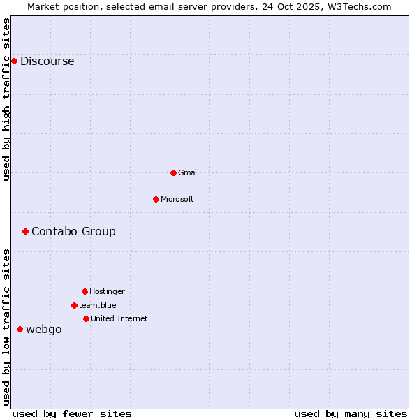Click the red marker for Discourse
click(14, 61)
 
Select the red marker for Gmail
click(173, 172)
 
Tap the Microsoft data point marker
click(156, 199)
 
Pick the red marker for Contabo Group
click(25, 231)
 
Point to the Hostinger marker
click(84, 291)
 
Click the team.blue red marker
click(74, 305)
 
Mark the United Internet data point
click(86, 318)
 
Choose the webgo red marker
click(20, 329)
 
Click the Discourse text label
click(47, 61)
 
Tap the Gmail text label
click(189, 172)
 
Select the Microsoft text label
click(177, 199)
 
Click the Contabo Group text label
click(73, 231)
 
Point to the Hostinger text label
click(107, 291)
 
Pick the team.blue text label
click(97, 305)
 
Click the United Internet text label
click(119, 318)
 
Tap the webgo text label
click(43, 329)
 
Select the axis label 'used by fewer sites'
click(72, 413)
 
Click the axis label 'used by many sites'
click(351, 413)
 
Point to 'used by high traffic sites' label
click(6, 99)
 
